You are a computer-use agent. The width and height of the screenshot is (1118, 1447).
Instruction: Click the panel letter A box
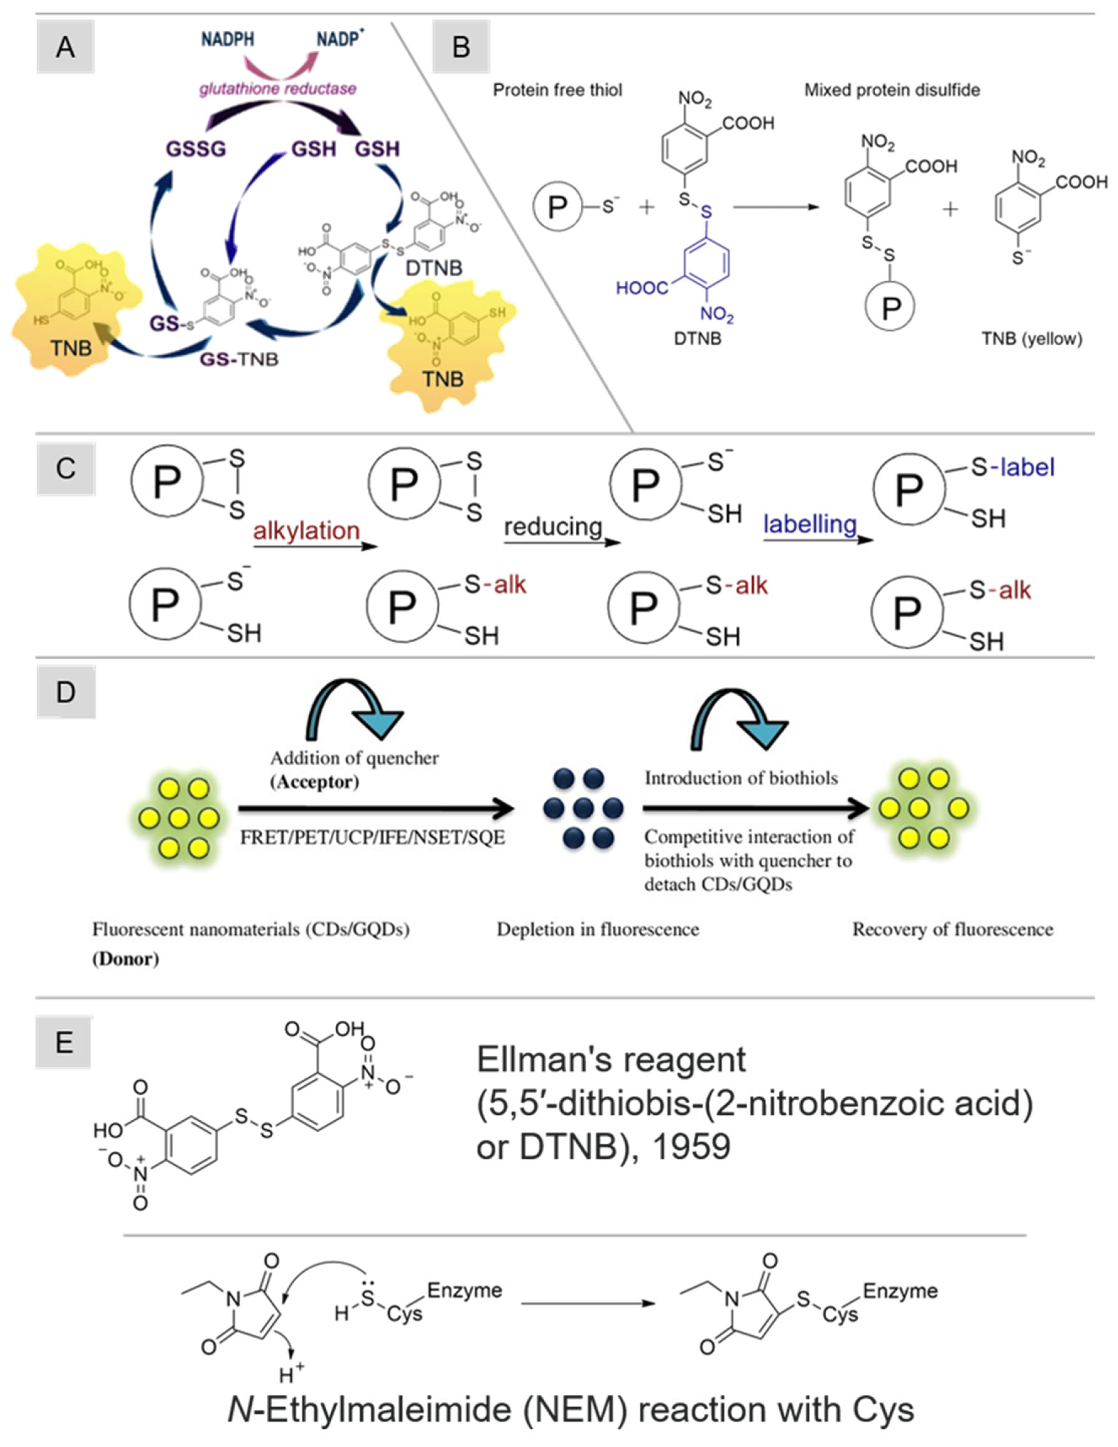[x=65, y=47]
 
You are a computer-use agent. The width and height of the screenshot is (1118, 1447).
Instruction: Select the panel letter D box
[x=66, y=692]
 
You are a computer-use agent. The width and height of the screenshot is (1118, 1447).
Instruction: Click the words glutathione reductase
[x=278, y=88]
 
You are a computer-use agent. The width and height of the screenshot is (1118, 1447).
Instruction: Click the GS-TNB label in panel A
[x=239, y=359]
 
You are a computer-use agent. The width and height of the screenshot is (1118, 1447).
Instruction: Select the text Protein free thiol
[x=557, y=90]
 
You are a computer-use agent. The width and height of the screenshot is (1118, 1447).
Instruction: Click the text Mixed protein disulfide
[x=892, y=90]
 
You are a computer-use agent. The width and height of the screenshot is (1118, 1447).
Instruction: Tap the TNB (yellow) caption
[x=1032, y=339]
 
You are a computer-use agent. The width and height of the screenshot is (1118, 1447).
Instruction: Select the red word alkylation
[x=306, y=531]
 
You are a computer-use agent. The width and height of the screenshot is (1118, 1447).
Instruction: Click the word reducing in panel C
[x=553, y=527]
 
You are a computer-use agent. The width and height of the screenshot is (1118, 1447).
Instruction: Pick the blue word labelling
[x=810, y=524]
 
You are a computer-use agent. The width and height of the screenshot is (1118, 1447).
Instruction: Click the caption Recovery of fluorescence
[x=952, y=930]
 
